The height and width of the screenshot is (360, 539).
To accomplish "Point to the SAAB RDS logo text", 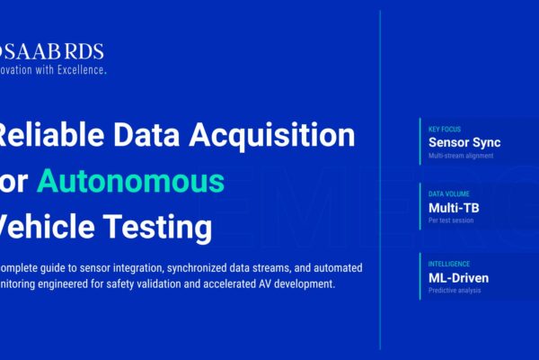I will (54, 52).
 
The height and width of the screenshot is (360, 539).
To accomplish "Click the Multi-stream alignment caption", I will (461, 156).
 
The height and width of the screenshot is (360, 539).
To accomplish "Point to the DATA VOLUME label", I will (447, 193).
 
